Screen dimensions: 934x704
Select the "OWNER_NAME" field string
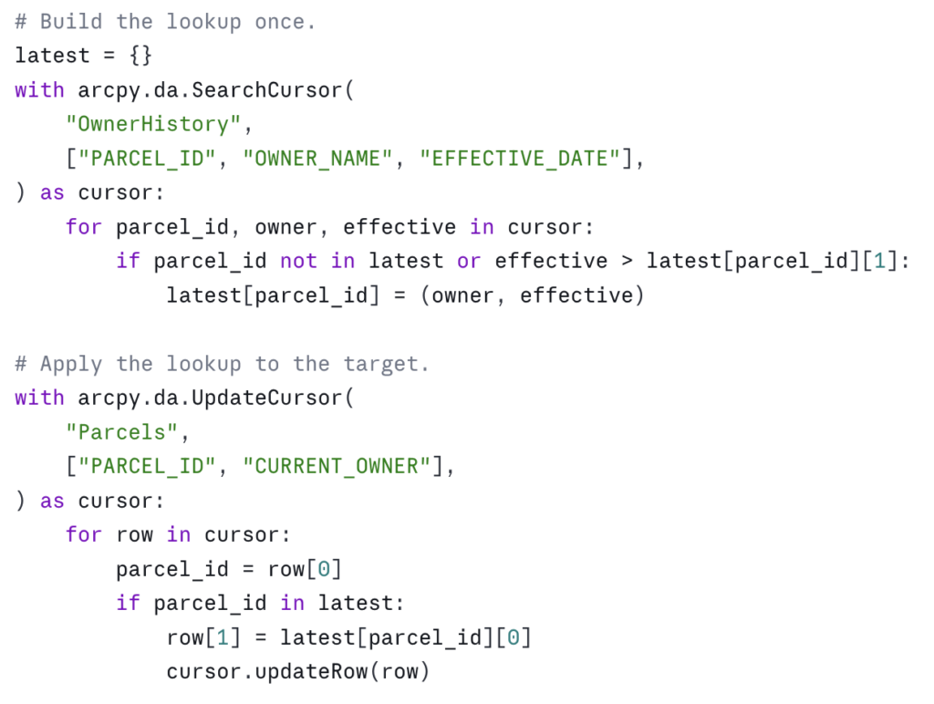click(317, 159)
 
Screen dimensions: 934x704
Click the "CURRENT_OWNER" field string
click(337, 466)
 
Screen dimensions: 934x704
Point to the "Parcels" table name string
click(121, 432)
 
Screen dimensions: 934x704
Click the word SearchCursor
click(267, 90)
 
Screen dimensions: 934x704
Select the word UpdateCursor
click(267, 398)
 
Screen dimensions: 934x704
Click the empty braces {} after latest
click(140, 56)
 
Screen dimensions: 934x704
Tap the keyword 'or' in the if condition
click(469, 261)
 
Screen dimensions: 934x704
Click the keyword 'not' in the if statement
click(298, 261)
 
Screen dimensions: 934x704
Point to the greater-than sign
click(627, 261)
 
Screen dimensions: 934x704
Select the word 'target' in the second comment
click(380, 363)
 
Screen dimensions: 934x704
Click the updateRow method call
click(311, 671)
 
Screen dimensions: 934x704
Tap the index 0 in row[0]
click(324, 569)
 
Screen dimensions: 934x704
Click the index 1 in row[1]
click(223, 637)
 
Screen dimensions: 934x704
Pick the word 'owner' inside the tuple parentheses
click(462, 295)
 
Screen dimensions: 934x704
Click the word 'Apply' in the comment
click(71, 363)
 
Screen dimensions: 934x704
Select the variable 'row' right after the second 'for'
click(135, 535)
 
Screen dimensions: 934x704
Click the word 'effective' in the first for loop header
click(400, 227)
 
